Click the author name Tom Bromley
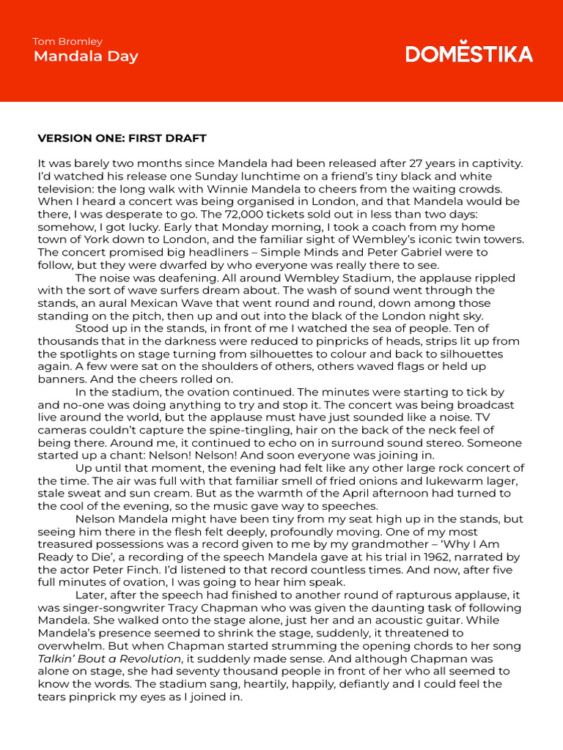[67, 42]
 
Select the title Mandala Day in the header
[85, 56]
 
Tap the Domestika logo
[469, 53]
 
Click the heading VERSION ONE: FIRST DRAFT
[122, 138]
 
